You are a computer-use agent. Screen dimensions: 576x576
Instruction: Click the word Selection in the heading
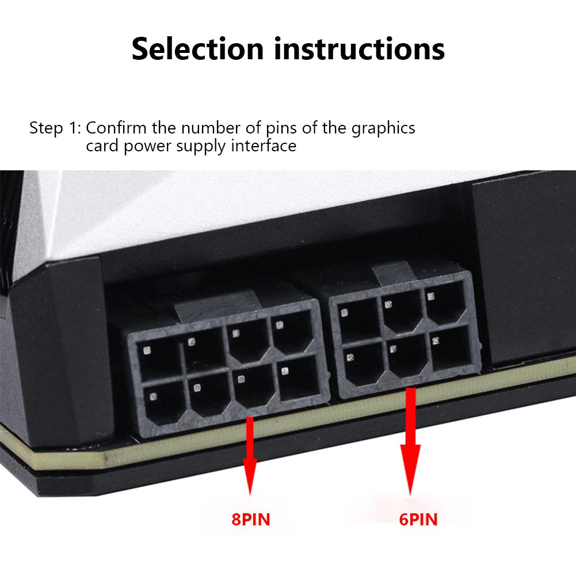pyautogui.click(x=197, y=48)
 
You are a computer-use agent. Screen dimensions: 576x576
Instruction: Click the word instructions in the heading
pyautogui.click(x=359, y=48)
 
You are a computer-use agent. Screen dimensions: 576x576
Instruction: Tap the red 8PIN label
pyautogui.click(x=251, y=520)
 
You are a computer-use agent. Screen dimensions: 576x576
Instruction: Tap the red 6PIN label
pyautogui.click(x=418, y=520)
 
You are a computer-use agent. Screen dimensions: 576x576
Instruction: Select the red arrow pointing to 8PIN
pyautogui.click(x=250, y=456)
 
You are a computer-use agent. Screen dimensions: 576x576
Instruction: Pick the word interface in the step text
pyautogui.click(x=264, y=146)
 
